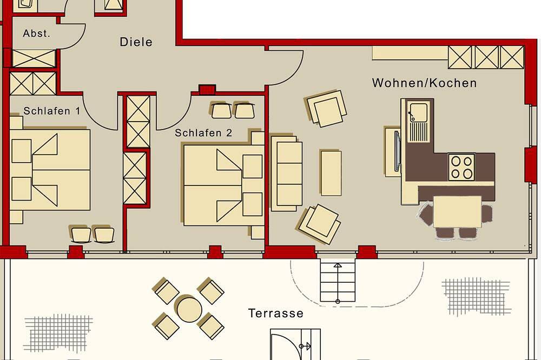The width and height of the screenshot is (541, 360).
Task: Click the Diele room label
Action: click(x=136, y=42)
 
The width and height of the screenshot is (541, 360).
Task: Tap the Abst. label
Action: click(x=37, y=34)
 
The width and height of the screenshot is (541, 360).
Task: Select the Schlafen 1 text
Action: click(x=52, y=111)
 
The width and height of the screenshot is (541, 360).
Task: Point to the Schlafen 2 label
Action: click(x=203, y=133)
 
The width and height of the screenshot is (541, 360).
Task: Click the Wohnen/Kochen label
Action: click(x=424, y=83)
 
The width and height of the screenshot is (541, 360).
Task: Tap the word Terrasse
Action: click(x=276, y=313)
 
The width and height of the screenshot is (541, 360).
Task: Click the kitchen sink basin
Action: click(x=418, y=112)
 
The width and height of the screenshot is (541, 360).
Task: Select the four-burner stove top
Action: click(x=461, y=167)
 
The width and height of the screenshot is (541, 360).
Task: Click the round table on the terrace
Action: click(x=189, y=309)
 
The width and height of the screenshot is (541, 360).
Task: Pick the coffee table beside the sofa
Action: click(x=331, y=173)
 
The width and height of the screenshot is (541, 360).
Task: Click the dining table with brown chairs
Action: click(x=457, y=211)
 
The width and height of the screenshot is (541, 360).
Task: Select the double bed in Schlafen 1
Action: click(x=50, y=170)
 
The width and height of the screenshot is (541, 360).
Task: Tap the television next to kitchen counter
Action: click(x=397, y=151)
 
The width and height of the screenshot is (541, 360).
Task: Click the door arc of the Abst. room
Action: click(x=80, y=38)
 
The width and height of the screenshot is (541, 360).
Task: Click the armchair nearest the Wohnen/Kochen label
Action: click(x=327, y=108)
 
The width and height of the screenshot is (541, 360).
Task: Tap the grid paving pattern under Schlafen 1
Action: click(x=58, y=332)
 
